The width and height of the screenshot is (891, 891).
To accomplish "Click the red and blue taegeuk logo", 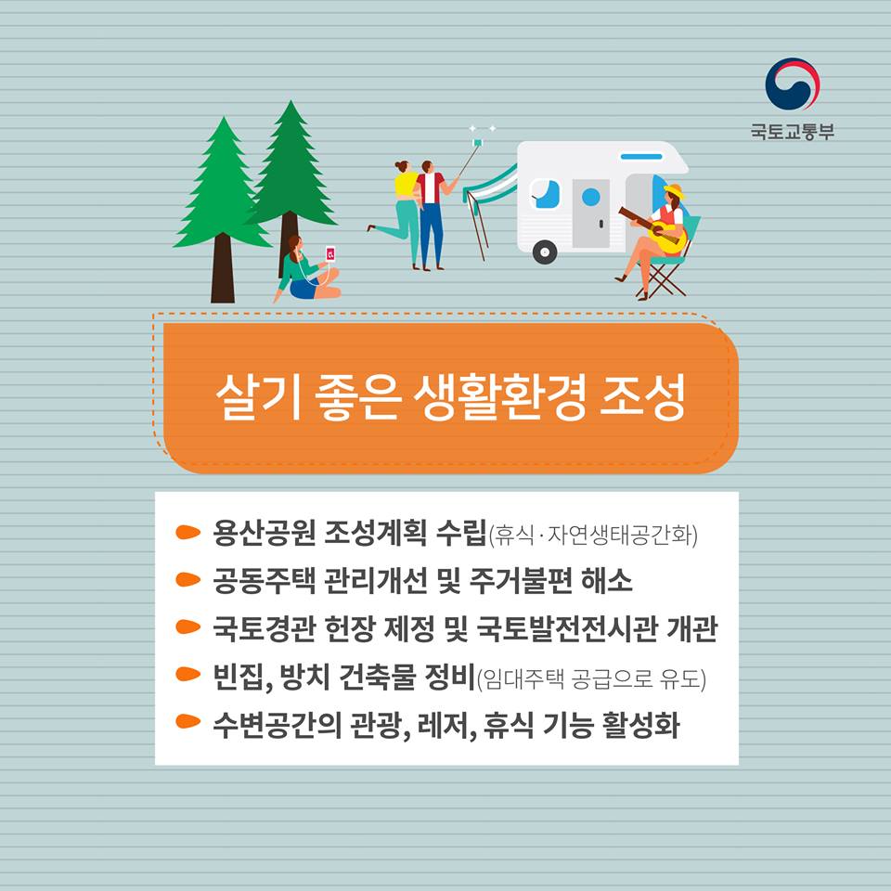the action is (x=792, y=84).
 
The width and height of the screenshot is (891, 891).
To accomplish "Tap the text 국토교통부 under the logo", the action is (x=792, y=132).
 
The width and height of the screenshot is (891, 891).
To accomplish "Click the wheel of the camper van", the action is (x=545, y=252).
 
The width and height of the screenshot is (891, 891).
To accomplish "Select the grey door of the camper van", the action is (x=590, y=213).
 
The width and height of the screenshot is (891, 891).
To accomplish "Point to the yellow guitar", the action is (x=659, y=231).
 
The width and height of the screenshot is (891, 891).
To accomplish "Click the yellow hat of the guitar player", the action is (x=674, y=190).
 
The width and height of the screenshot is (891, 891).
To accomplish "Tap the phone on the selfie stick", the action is (x=477, y=142).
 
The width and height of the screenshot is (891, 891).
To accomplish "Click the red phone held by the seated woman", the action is (x=330, y=253).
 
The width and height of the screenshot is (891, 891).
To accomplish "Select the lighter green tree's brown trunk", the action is (x=222, y=268).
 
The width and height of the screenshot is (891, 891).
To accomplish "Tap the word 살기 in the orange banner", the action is (x=258, y=397).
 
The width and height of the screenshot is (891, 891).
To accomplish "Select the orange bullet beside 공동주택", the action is (x=187, y=579).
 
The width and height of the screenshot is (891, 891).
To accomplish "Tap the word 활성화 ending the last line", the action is (x=641, y=724).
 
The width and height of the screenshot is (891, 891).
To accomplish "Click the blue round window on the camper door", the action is (x=591, y=197).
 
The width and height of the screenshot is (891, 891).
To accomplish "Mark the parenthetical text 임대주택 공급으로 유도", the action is (x=591, y=678).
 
